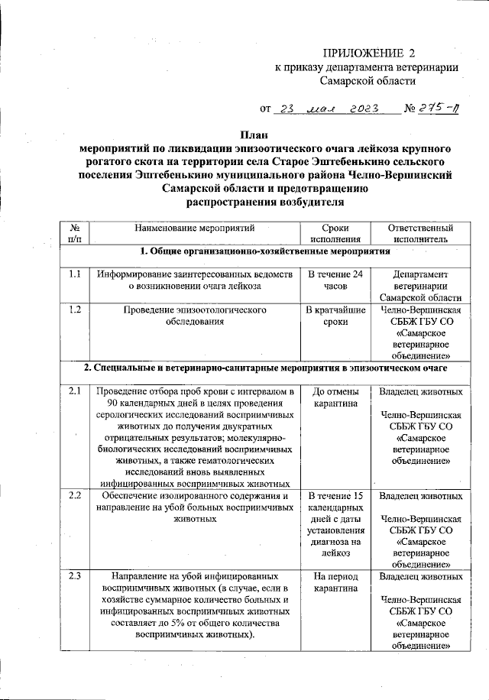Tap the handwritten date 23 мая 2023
(326, 109)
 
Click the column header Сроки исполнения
(335, 233)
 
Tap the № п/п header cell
(76, 233)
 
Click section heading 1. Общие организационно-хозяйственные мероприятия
(260, 252)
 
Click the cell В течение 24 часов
(335, 280)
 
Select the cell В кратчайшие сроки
(335, 316)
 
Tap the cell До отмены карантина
(335, 398)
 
